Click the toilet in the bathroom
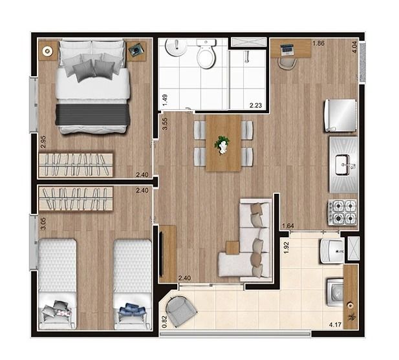click(x=206, y=54)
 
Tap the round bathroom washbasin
click(x=175, y=47)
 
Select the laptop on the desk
click(x=286, y=50)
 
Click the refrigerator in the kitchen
click(x=340, y=116)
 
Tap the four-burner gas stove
click(x=343, y=212)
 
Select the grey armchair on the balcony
click(x=180, y=311)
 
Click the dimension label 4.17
click(x=335, y=324)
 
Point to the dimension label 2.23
click(x=255, y=105)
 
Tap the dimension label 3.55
click(x=165, y=124)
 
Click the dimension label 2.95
click(x=43, y=142)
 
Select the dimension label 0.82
click(x=164, y=321)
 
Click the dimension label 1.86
click(x=318, y=43)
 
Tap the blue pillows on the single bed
click(x=133, y=311)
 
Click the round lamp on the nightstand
click(x=47, y=51)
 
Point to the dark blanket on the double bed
click(x=92, y=114)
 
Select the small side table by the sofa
click(x=232, y=248)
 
